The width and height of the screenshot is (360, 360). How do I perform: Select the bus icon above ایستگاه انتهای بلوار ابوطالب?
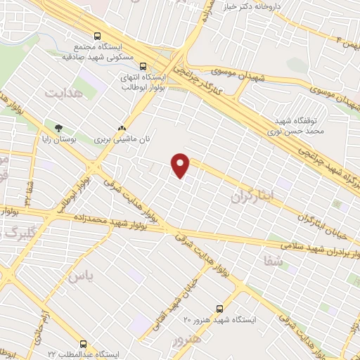143,65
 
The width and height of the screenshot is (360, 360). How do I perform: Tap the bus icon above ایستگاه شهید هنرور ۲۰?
220,308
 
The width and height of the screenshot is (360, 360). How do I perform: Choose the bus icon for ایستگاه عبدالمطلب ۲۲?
84,344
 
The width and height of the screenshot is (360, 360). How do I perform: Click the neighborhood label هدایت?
64,92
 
